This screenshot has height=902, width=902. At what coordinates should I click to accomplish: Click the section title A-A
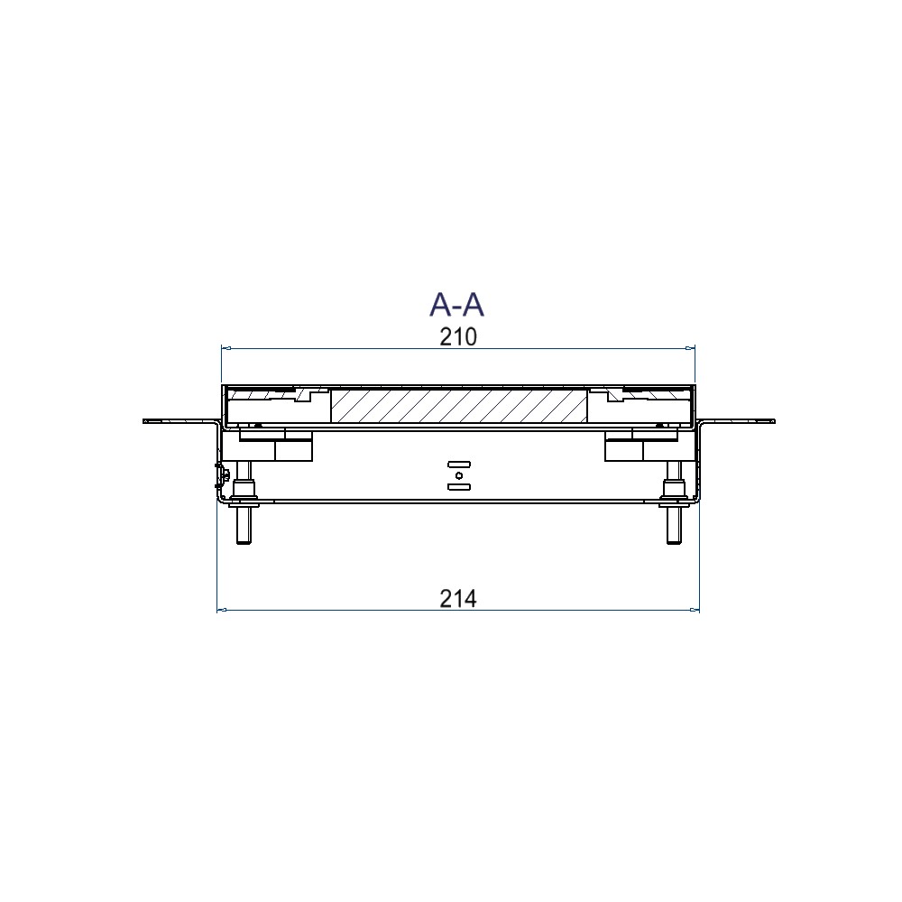[456, 305]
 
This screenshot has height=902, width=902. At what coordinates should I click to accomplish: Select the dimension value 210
[458, 337]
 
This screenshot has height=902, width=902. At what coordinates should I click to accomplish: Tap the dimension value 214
[458, 599]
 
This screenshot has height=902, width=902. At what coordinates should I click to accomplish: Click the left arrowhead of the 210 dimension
[226, 348]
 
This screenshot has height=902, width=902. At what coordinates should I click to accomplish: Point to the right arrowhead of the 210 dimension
[690, 348]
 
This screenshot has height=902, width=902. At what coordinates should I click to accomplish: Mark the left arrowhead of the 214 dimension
[222, 610]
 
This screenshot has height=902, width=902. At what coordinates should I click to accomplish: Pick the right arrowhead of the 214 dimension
[695, 610]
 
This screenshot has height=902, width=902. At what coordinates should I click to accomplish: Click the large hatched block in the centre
[459, 407]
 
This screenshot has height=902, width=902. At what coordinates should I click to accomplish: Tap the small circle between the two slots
[459, 475]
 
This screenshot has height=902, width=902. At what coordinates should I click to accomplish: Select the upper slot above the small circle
[459, 465]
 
